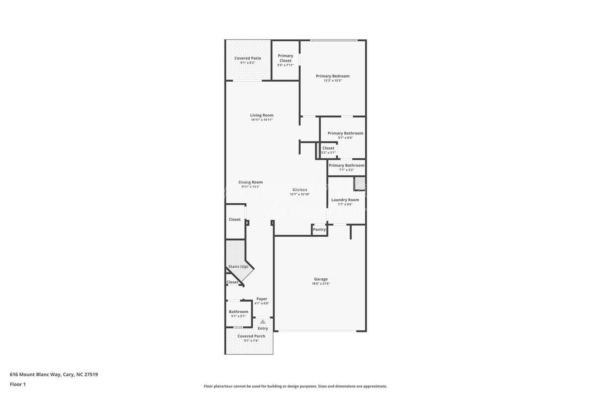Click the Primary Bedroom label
[332, 76]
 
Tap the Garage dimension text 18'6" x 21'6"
[321, 284]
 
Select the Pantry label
[319, 230]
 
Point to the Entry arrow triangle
[263, 322]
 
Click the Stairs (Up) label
[238, 266]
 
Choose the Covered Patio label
[247, 58]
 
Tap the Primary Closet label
[285, 58]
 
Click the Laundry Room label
[345, 200]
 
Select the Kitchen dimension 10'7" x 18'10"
[300, 194]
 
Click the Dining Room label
[250, 182]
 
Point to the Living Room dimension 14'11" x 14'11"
[262, 120]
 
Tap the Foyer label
[262, 299]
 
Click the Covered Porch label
[251, 336]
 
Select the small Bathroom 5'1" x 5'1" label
[238, 312]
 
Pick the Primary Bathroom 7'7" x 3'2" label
[346, 166]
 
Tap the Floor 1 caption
[18, 384]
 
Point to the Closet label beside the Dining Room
[235, 220]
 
